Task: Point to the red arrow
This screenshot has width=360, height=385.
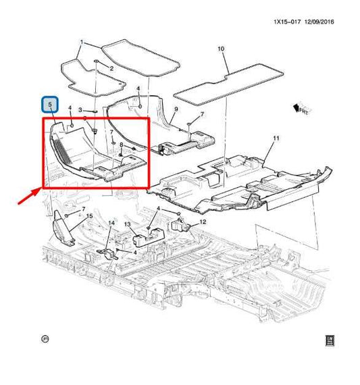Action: (31, 196)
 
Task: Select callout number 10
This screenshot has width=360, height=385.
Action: (220, 49)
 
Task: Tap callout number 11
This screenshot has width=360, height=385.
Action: (276, 138)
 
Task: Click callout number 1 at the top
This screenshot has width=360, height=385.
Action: (82, 42)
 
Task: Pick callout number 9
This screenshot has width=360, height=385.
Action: (176, 109)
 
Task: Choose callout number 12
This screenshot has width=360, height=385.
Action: (202, 222)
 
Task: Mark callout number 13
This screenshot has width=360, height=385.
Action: (126, 225)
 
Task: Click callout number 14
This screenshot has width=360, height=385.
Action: (111, 223)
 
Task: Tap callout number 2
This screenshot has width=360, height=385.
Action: (111, 69)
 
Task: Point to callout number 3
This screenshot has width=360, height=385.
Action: (80, 109)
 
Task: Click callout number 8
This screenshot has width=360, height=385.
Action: (120, 145)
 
